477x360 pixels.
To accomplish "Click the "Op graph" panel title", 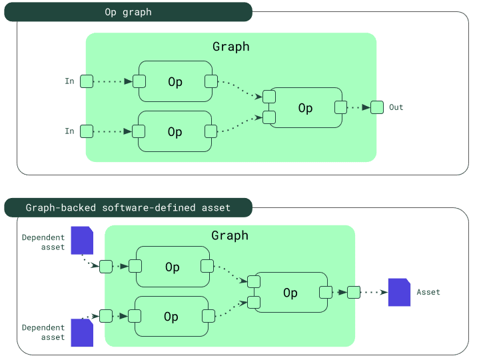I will coord(128,12).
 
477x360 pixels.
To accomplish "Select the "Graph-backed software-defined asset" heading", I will coord(128,207).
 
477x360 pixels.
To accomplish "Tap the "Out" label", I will coord(396,107).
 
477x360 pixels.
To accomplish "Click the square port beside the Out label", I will coord(377,107).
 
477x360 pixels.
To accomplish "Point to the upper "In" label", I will coord(69,81).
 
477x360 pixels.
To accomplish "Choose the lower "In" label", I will coord(69,131).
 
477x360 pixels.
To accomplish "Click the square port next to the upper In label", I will coord(87,81).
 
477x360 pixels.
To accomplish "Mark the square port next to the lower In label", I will coord(87,131).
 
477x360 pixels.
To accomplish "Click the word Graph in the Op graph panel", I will coord(231,47).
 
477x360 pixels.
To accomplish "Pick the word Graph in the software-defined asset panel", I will coord(230,235).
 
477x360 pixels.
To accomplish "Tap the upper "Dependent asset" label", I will coord(43,242).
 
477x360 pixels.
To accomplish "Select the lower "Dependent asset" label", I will coord(43,332).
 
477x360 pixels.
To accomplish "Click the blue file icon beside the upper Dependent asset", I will coord(82,240).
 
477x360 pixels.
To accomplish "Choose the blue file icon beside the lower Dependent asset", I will coord(82,332).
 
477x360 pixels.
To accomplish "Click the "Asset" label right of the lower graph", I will coord(428,292).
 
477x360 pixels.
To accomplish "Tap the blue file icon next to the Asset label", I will coord(399,292).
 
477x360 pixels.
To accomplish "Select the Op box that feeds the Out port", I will coord(305,108).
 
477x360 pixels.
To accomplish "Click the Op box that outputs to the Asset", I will coord(290,293).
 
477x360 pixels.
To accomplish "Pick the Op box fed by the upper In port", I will coord(175,82).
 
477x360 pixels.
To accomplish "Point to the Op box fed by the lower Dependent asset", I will coord(171,317).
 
